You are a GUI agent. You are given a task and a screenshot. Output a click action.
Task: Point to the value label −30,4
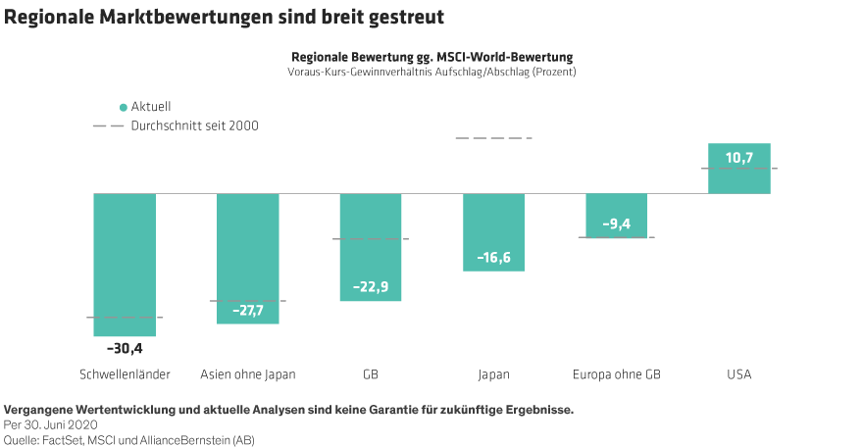pos(125,348)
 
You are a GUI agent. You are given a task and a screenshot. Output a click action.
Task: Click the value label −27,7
pos(248,311)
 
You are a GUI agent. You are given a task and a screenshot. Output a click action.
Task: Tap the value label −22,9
pos(371,287)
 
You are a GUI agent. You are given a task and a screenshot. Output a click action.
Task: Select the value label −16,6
pos(493,258)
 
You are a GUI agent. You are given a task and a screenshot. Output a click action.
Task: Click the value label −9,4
pos(617,224)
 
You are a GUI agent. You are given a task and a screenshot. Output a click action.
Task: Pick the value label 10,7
pos(739,157)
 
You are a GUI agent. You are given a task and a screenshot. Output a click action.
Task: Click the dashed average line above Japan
pos(493,138)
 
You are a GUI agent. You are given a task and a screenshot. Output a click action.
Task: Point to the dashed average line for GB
pos(371,239)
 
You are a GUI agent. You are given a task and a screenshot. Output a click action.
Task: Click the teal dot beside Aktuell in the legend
pos(123,107)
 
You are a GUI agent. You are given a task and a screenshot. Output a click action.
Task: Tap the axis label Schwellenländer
pos(125,374)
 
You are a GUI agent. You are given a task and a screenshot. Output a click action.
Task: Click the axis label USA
pos(739,374)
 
